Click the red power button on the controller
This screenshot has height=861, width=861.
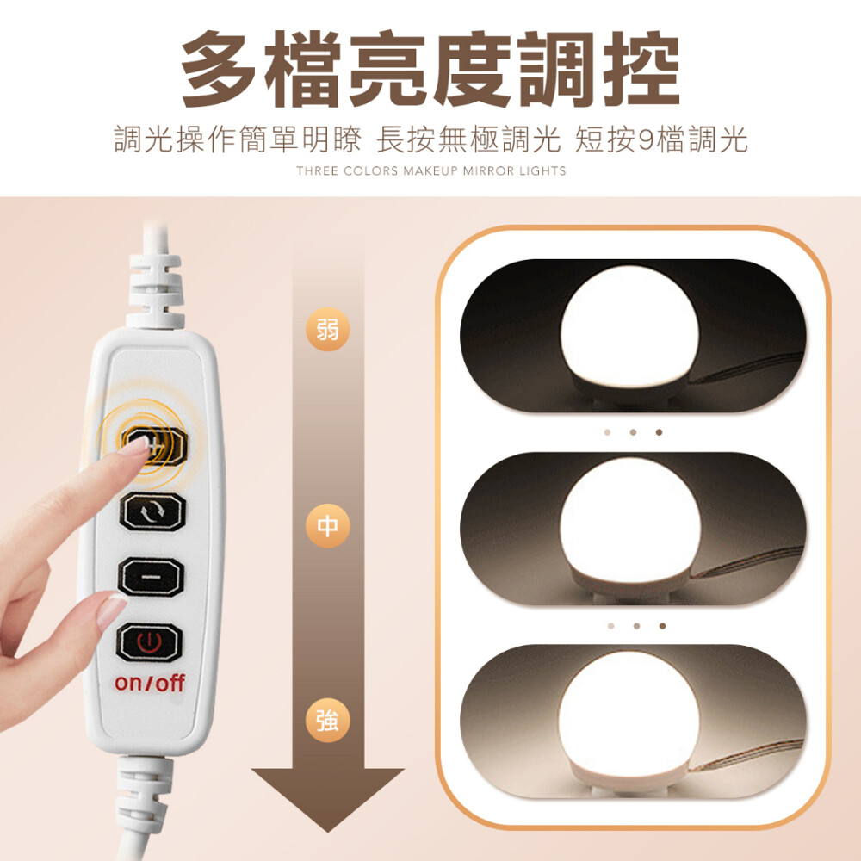pos(148,642)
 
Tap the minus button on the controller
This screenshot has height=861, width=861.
pos(150,577)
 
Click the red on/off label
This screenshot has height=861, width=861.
pos(149,683)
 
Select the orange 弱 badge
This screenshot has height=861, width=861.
pos(327,330)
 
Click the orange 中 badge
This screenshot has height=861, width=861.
pos(327,526)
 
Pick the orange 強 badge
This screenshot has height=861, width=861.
pos(327,721)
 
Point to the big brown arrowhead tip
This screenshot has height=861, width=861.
pos(328,832)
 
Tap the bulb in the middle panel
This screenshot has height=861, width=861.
pos(630,524)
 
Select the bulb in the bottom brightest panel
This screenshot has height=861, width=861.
pos(629,719)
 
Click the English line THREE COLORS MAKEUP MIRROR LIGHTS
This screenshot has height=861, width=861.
pos(431,170)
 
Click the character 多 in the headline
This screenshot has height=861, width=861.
pos(219,69)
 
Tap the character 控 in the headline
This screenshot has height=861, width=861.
pos(641,69)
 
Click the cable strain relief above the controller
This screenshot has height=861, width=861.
pos(155,288)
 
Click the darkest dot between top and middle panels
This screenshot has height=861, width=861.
pos(659,432)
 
